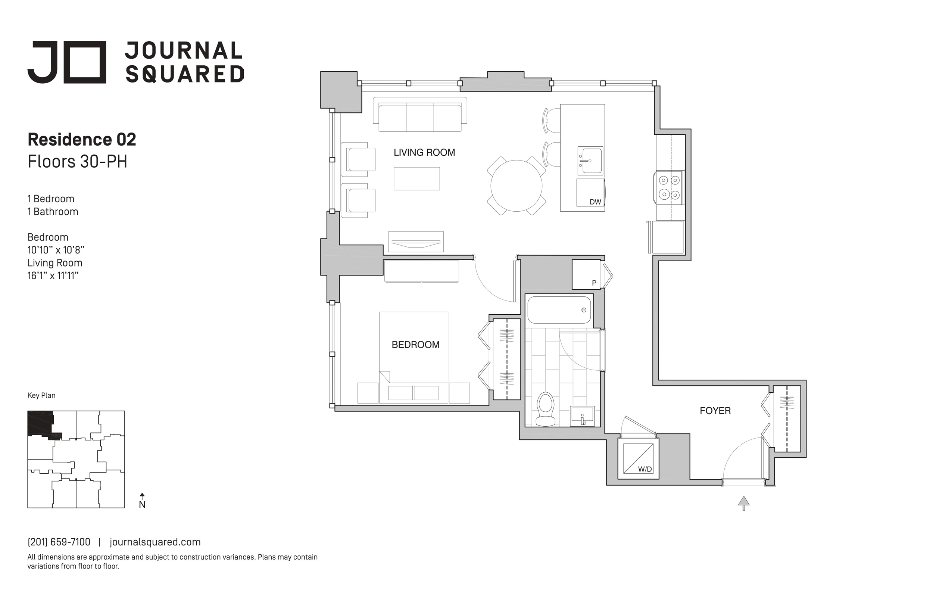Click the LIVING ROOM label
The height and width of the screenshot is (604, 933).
[x=424, y=153]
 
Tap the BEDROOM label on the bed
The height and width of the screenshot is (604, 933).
[x=415, y=345]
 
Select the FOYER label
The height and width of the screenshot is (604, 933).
[x=715, y=411]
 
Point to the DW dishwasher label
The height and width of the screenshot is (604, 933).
[x=595, y=202]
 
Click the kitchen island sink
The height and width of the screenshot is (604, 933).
[x=590, y=161]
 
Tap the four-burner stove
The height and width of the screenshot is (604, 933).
[x=669, y=187]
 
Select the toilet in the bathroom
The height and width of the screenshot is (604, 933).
[x=545, y=409]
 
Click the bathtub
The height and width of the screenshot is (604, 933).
[x=559, y=310]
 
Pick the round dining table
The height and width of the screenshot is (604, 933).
[x=516, y=186]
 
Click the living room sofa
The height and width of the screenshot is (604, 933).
[x=420, y=115]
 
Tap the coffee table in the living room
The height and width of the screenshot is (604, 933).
[x=417, y=179]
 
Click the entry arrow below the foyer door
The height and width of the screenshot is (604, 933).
[x=744, y=503]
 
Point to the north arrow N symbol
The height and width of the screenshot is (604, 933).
[x=142, y=501]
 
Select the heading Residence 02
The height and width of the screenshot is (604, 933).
[x=82, y=140]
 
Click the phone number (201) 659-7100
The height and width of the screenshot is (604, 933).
[x=59, y=542]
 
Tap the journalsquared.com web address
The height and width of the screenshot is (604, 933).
[x=155, y=542]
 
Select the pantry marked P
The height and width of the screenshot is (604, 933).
[x=586, y=274]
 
